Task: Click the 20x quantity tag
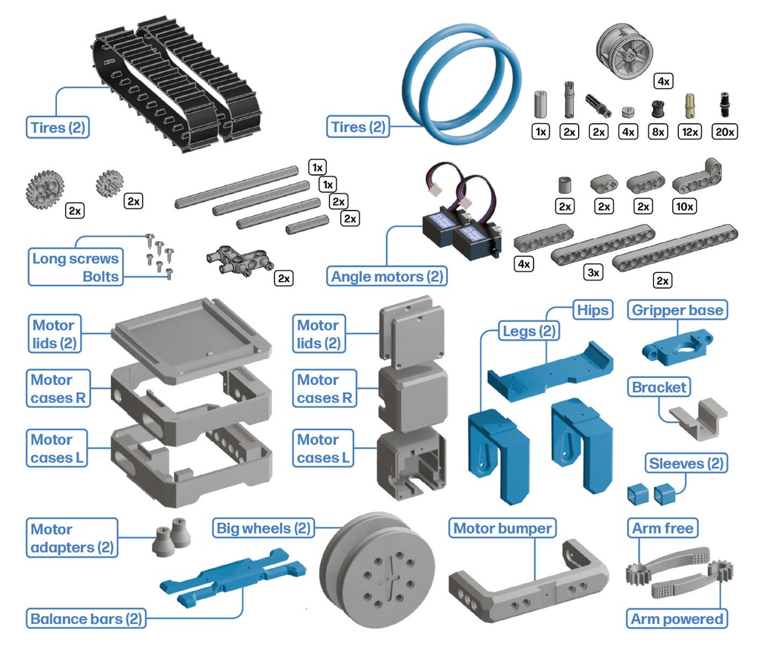723,131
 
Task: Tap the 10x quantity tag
683,206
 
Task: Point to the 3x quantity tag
593,273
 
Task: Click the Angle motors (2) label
387,277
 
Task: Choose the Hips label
592,310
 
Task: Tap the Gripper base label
677,310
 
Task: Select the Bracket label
659,387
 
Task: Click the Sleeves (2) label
686,464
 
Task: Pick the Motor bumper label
503,528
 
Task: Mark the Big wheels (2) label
263,528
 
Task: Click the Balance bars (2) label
86,619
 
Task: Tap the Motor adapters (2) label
72,538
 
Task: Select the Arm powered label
677,619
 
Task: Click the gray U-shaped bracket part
697,419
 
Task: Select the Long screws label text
75,259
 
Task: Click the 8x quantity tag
657,131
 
